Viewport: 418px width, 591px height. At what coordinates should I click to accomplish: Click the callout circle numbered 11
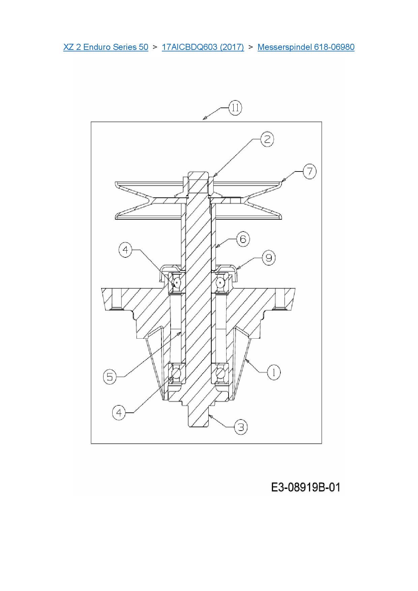[235, 108]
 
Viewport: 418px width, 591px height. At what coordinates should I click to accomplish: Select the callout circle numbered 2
[267, 139]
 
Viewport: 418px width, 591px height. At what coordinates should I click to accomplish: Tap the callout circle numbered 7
[309, 172]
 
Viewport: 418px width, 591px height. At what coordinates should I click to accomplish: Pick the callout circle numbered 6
[243, 239]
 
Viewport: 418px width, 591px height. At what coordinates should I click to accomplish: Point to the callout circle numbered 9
[269, 258]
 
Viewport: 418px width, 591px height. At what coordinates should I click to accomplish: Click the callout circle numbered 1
[274, 372]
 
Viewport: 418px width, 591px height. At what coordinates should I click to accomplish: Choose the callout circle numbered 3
[241, 427]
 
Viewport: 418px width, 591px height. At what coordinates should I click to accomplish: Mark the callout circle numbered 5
[110, 377]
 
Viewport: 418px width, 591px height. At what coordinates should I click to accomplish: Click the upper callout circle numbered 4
[125, 250]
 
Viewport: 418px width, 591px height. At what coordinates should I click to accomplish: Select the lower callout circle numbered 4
[119, 413]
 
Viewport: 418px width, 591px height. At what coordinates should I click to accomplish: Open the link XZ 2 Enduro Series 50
[106, 47]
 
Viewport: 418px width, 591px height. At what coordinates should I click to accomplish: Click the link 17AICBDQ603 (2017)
[203, 47]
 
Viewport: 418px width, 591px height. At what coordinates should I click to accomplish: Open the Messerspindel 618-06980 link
[306, 47]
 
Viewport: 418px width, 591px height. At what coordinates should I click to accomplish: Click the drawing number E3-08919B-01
[305, 488]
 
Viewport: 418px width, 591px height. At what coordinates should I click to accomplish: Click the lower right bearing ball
[220, 373]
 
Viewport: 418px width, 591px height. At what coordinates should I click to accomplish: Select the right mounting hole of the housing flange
[280, 299]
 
